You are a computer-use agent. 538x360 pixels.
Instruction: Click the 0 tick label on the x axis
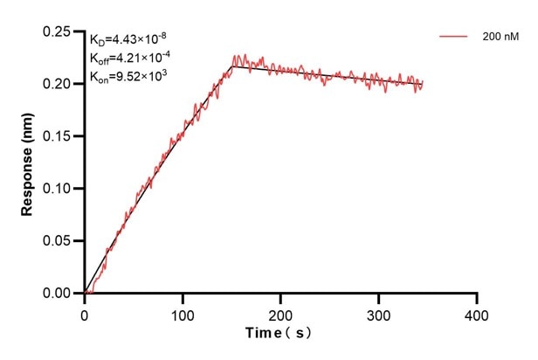[x=85, y=313]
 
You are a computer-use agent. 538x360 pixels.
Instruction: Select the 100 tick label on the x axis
[x=183, y=313]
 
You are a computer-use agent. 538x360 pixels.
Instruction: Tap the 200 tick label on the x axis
[x=280, y=313]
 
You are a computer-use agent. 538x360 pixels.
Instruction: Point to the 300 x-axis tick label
[x=378, y=313]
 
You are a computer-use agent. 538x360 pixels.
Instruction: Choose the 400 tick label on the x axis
[x=476, y=313]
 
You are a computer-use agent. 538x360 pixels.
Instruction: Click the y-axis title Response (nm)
[x=27, y=163]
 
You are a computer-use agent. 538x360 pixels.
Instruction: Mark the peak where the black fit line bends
[x=231, y=66]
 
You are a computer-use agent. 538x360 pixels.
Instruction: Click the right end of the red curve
[x=422, y=85]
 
